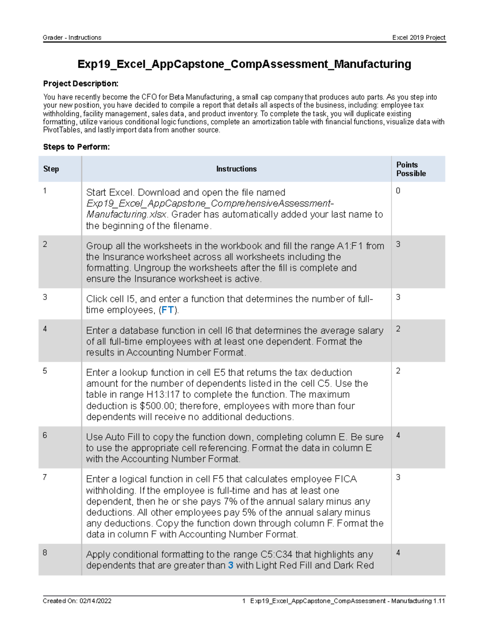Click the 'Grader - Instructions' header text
(72, 37)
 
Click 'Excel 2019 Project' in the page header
(419, 37)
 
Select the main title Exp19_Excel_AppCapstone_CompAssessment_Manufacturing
(244, 64)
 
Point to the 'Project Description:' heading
(81, 84)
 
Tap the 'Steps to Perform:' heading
(76, 147)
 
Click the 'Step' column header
(51, 169)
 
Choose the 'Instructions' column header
(236, 169)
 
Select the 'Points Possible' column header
(411, 169)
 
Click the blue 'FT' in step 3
(167, 310)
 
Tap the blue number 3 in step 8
(231, 565)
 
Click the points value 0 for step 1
(398, 191)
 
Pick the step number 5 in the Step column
(45, 371)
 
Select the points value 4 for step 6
(398, 435)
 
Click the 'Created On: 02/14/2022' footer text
(77, 601)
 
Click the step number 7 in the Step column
(45, 477)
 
